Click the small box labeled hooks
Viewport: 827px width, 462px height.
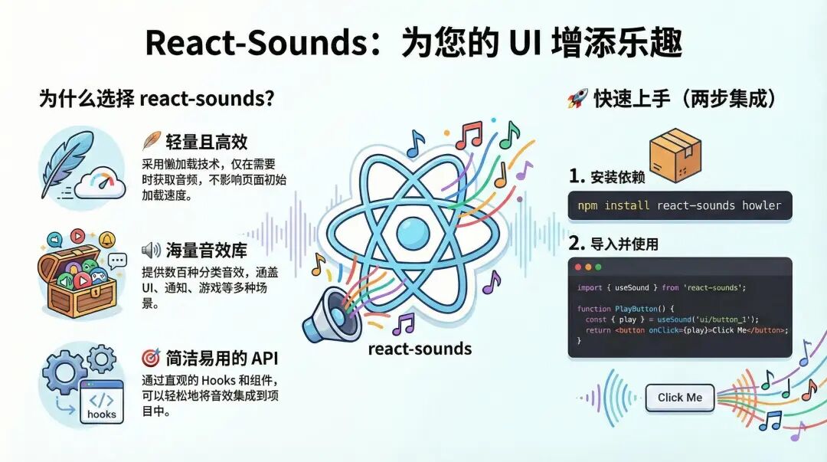[101, 404]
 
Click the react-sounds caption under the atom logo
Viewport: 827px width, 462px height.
[420, 349]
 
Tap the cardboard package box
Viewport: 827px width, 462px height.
[675, 155]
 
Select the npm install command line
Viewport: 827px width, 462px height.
[679, 205]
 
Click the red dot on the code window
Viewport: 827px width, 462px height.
[578, 267]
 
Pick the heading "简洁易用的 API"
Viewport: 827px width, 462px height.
[221, 358]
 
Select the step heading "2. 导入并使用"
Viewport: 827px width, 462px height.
[613, 244]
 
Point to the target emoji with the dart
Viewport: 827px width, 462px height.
[151, 358]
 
